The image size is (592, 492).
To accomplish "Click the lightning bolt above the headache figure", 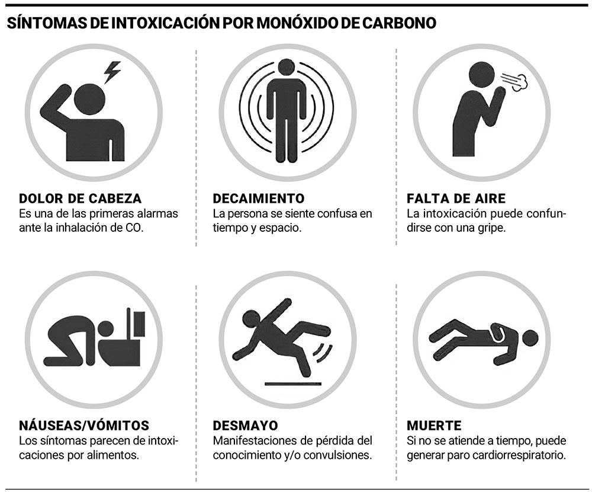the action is [x=112, y=72].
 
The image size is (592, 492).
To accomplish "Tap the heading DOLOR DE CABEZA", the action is [x=81, y=199].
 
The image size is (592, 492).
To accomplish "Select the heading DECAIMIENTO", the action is [x=259, y=199].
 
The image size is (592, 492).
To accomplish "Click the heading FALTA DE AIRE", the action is [x=456, y=199].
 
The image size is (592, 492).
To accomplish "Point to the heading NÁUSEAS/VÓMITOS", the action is [x=84, y=426].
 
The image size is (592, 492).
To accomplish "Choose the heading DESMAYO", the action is [x=246, y=426].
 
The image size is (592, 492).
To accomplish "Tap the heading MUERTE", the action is [x=434, y=426].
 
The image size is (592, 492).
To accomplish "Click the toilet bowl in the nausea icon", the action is [x=120, y=352].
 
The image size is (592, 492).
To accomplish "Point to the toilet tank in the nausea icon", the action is [x=139, y=324].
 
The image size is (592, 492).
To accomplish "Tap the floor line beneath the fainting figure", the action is [x=294, y=384].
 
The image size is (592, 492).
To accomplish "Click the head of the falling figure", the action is [x=250, y=320].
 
